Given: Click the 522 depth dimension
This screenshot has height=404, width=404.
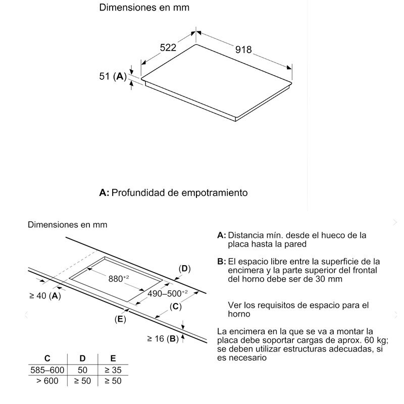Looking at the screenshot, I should (x=168, y=48).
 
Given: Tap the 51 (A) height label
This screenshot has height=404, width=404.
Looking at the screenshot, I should (x=113, y=77).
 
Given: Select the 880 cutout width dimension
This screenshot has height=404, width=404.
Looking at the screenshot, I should (x=119, y=278).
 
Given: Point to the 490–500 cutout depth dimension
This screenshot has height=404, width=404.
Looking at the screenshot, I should (x=167, y=293).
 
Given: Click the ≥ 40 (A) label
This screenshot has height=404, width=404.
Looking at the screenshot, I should (x=44, y=295).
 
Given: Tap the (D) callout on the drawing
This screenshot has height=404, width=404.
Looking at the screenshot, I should (x=185, y=269).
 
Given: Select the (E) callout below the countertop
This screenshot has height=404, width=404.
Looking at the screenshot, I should (x=120, y=319).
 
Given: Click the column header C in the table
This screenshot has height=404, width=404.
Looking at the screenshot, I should (x=47, y=359).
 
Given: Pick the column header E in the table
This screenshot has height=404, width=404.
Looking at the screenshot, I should (x=113, y=359).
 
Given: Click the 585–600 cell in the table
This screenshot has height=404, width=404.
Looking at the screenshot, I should (x=47, y=370).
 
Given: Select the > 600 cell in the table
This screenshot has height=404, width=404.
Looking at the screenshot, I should (x=47, y=381).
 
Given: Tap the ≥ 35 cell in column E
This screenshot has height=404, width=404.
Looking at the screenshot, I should (x=113, y=370).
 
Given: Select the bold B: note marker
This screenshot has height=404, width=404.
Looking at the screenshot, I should (x=221, y=261).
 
